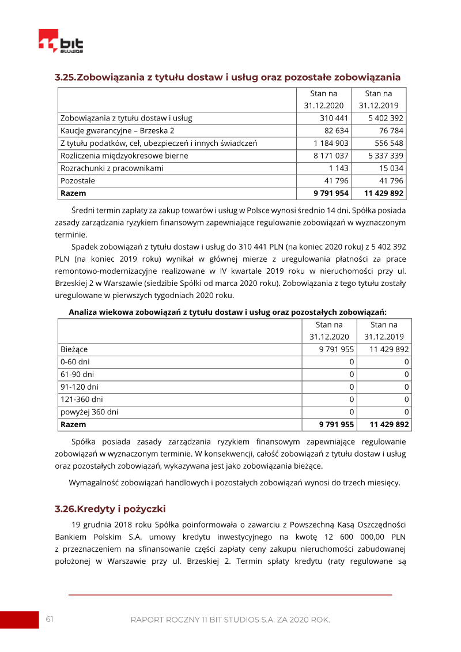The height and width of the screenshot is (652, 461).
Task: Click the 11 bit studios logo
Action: click(x=61, y=43)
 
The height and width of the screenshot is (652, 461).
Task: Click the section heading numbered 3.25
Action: click(x=227, y=77)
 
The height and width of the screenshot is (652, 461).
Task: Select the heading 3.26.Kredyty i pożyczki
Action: click(x=110, y=509)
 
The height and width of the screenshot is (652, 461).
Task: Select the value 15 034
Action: click(x=391, y=168)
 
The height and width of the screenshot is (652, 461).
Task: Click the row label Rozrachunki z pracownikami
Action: click(x=112, y=168)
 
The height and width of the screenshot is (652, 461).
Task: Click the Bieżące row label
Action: click(x=74, y=349)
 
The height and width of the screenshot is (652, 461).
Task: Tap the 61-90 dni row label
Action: click(x=77, y=374)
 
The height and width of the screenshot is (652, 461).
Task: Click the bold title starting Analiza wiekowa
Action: click(x=228, y=312)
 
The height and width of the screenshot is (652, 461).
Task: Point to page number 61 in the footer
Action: click(x=50, y=619)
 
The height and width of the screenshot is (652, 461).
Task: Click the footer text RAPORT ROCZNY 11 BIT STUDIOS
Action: click(x=230, y=620)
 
